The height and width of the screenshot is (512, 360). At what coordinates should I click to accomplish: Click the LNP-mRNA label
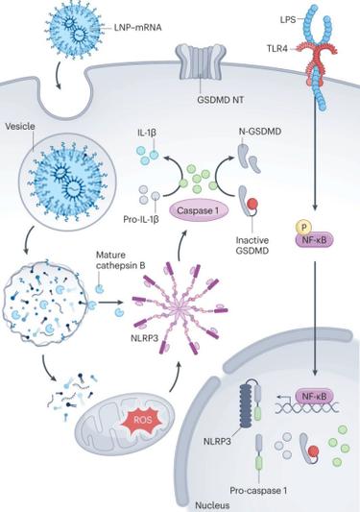coord(137,28)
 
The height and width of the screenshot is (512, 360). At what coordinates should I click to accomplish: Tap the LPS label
coord(288,19)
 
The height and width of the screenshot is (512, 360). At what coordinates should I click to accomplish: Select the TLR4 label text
coord(277,49)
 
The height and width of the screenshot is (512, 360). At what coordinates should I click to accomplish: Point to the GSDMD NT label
coord(220,100)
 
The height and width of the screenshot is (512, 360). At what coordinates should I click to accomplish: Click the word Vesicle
coord(20,127)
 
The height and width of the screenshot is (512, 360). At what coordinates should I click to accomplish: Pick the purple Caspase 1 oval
coord(198,210)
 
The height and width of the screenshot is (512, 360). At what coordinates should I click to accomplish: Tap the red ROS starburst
coord(143,420)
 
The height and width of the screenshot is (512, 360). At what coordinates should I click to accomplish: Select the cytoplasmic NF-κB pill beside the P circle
coord(315,241)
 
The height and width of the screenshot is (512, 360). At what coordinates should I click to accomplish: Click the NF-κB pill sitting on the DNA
coord(315,397)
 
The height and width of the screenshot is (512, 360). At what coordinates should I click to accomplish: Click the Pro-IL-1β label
coord(141,219)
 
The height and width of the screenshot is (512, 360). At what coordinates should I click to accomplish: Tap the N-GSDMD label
coord(258,132)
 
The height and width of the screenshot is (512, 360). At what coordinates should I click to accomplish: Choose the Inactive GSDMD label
coord(252,246)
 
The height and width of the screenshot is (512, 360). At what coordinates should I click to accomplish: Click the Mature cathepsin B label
coord(120,260)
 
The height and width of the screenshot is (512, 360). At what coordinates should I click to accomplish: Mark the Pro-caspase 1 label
coord(258,491)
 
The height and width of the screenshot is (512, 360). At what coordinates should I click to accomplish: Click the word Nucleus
coord(212,505)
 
